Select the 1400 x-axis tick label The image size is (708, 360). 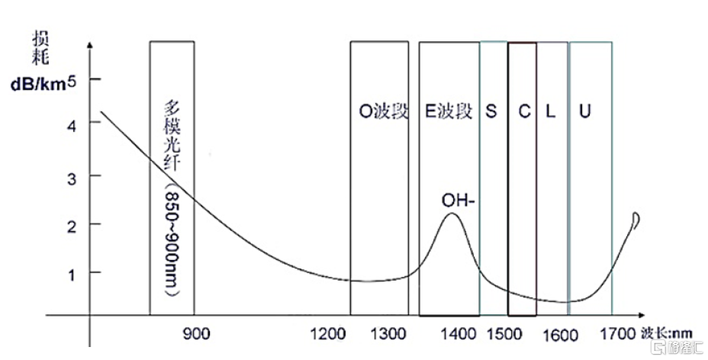[x=458, y=333]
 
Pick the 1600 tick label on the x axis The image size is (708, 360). [x=562, y=333]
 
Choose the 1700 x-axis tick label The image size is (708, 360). [x=616, y=333]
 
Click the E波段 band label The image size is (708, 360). [x=449, y=111]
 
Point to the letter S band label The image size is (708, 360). [x=491, y=111]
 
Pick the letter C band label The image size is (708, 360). [x=523, y=111]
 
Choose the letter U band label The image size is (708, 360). [x=584, y=111]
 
